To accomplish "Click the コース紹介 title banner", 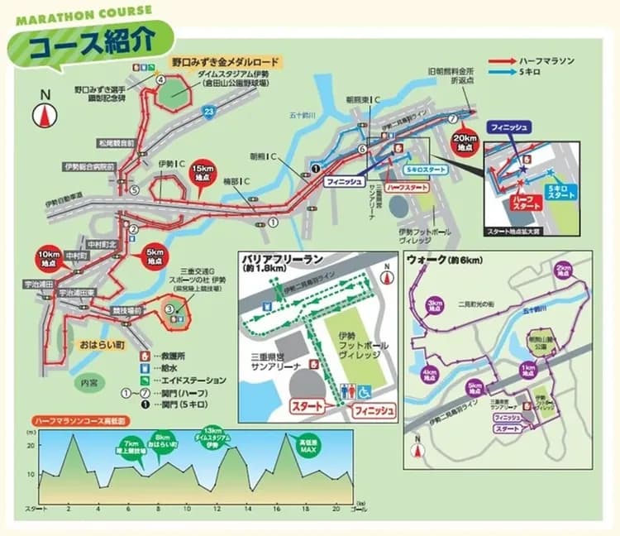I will (91, 41).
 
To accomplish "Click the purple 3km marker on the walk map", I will (434, 305).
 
